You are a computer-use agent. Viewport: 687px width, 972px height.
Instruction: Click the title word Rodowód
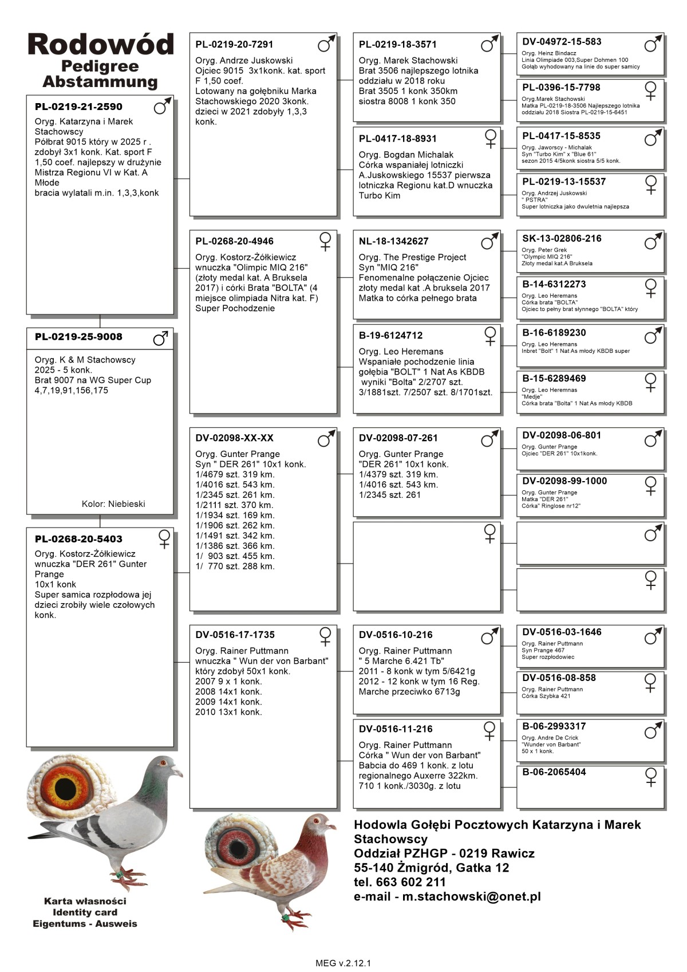(101, 44)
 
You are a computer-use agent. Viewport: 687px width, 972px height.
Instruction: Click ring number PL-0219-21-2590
(78, 107)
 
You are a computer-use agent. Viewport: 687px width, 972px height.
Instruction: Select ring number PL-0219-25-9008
(78, 337)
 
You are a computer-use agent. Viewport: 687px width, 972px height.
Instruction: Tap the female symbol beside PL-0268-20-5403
(164, 539)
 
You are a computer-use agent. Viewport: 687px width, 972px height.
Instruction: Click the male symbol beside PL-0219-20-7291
(326, 44)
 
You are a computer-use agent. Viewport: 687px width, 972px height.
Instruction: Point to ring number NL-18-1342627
(393, 241)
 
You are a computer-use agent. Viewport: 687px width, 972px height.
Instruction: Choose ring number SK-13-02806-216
(562, 238)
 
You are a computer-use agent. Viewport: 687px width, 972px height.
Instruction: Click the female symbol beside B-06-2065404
(651, 777)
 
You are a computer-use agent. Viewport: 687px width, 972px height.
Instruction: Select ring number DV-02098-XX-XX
(234, 438)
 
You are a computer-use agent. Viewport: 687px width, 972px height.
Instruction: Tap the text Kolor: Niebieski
(113, 504)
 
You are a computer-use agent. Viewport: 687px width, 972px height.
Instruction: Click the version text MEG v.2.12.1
(343, 963)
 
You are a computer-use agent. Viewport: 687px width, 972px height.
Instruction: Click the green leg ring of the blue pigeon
(118, 875)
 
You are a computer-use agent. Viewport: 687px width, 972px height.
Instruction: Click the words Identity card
(85, 912)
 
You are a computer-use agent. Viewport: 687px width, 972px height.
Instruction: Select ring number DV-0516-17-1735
(235, 635)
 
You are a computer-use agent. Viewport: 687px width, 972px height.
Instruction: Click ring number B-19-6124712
(390, 336)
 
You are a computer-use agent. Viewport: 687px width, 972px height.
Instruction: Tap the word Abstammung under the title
(100, 82)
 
